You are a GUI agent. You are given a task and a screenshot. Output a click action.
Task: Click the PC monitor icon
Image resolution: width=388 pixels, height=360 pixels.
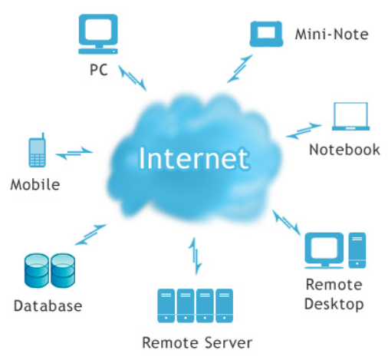tap(98, 34)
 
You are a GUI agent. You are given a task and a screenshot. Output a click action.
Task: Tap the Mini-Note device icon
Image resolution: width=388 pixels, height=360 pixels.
tap(266, 34)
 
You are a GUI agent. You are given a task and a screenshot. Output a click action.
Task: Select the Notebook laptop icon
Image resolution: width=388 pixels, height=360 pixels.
tap(350, 117)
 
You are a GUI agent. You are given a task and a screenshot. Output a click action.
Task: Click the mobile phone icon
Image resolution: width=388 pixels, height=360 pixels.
tap(38, 152)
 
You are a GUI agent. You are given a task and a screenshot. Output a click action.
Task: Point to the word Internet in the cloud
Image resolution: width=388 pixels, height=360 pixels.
tap(193, 159)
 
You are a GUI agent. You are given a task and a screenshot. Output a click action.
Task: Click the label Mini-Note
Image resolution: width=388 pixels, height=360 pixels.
tap(332, 35)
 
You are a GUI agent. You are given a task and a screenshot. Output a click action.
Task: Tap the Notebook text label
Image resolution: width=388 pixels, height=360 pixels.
tap(344, 150)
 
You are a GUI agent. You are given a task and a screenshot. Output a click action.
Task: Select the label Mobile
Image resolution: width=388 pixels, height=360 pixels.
tap(35, 184)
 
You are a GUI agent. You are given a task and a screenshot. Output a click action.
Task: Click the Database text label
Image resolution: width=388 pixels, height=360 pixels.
tap(48, 306)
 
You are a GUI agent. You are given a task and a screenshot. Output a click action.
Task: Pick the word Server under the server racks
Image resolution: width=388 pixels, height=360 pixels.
tap(229, 342)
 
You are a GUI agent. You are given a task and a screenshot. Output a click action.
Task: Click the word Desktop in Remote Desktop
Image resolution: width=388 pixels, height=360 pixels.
tap(334, 305)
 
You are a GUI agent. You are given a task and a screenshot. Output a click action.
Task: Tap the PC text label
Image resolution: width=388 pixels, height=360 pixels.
tap(99, 70)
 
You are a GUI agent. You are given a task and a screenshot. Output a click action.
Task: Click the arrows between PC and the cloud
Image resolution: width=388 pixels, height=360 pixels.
tap(133, 78)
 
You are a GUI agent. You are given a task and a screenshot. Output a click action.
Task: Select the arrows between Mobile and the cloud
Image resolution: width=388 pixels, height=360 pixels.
tap(74, 153)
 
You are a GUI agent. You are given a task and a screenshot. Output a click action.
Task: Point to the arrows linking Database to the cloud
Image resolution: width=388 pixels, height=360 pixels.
tap(90, 235)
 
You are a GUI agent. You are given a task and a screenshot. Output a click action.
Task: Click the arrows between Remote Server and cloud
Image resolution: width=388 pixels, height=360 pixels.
tap(196, 256)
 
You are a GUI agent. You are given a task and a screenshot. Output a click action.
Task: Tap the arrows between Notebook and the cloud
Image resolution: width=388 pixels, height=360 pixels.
tap(304, 130)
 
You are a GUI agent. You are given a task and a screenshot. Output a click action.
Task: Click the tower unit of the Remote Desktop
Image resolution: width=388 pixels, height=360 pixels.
tap(357, 250)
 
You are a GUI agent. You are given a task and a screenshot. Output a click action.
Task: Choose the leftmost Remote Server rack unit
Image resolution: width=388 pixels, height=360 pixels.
tap(166, 306)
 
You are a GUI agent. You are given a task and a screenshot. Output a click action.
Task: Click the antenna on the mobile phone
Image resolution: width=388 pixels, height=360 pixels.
tap(43, 136)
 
